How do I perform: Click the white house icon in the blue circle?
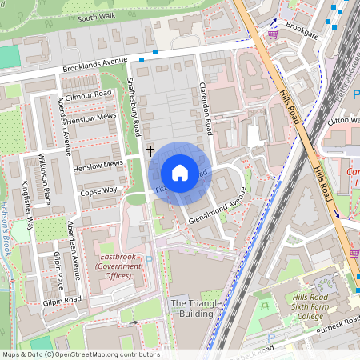click(x=180, y=173)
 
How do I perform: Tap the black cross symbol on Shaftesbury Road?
click(x=150, y=150)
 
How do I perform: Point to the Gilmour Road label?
click(x=90, y=94)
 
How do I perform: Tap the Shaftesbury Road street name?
click(x=136, y=112)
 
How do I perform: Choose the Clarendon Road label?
click(x=204, y=108)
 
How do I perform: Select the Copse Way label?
click(x=99, y=190)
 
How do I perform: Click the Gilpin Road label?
click(x=62, y=299)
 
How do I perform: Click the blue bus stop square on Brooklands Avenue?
click(x=142, y=60)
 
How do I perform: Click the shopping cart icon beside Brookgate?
click(x=273, y=34)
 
